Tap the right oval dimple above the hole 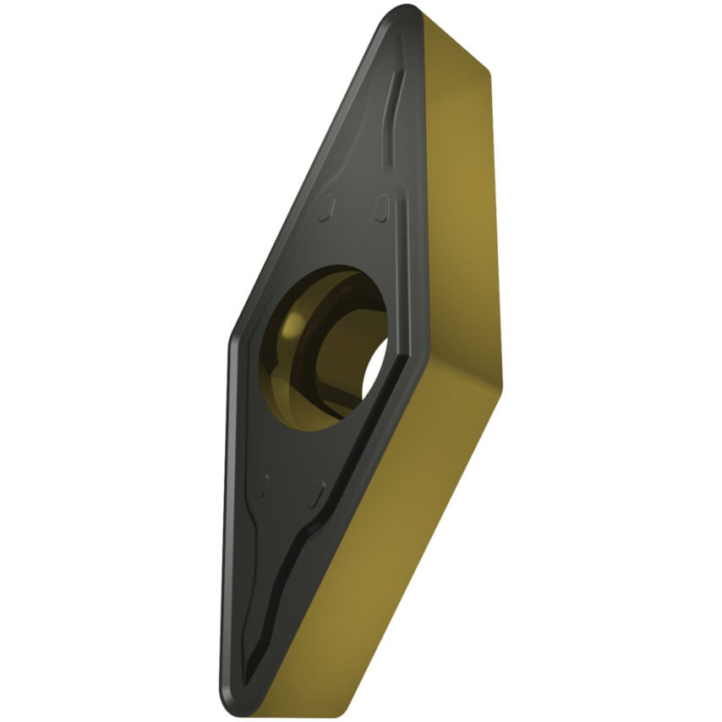[381, 205]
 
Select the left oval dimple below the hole [262, 486]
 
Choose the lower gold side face [397, 541]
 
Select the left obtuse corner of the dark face [232, 338]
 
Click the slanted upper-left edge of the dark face [313, 169]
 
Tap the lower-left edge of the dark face [227, 524]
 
